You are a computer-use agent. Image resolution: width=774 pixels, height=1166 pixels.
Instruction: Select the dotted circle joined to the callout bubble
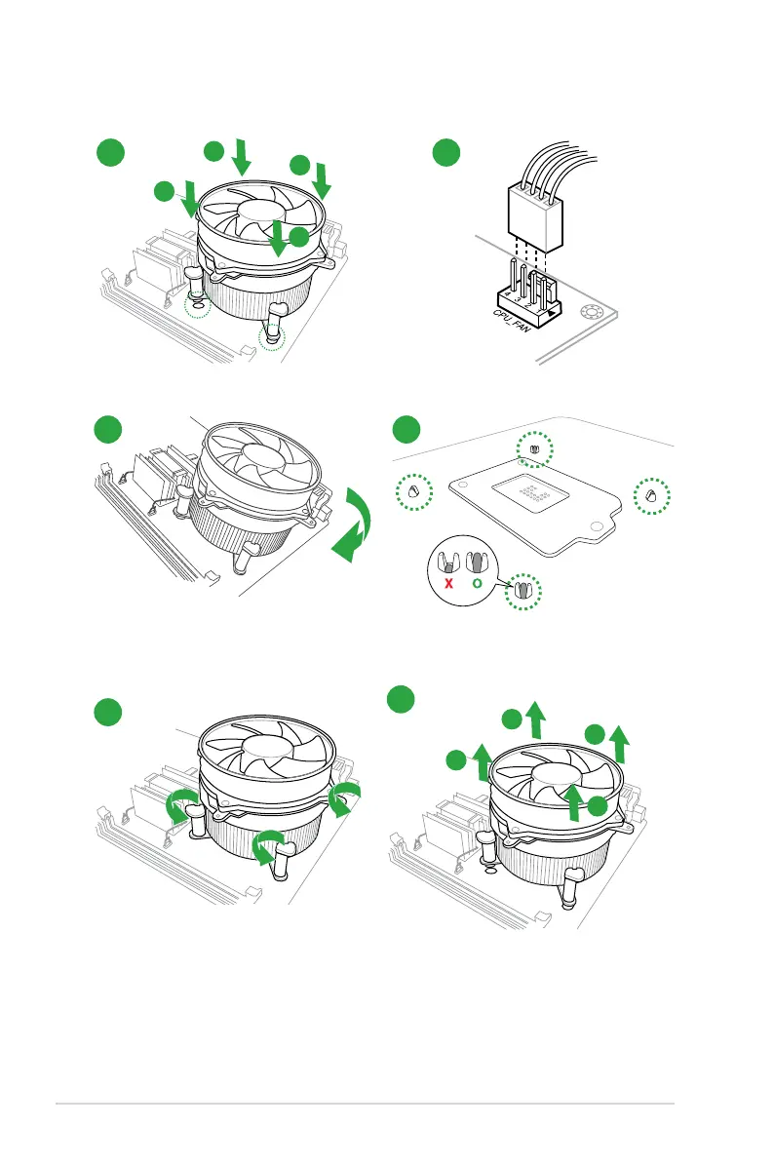(x=527, y=591)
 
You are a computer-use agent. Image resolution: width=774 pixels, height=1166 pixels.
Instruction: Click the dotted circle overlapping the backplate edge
(x=534, y=450)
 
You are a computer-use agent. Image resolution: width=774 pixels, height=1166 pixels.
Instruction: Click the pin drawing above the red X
(x=448, y=564)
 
